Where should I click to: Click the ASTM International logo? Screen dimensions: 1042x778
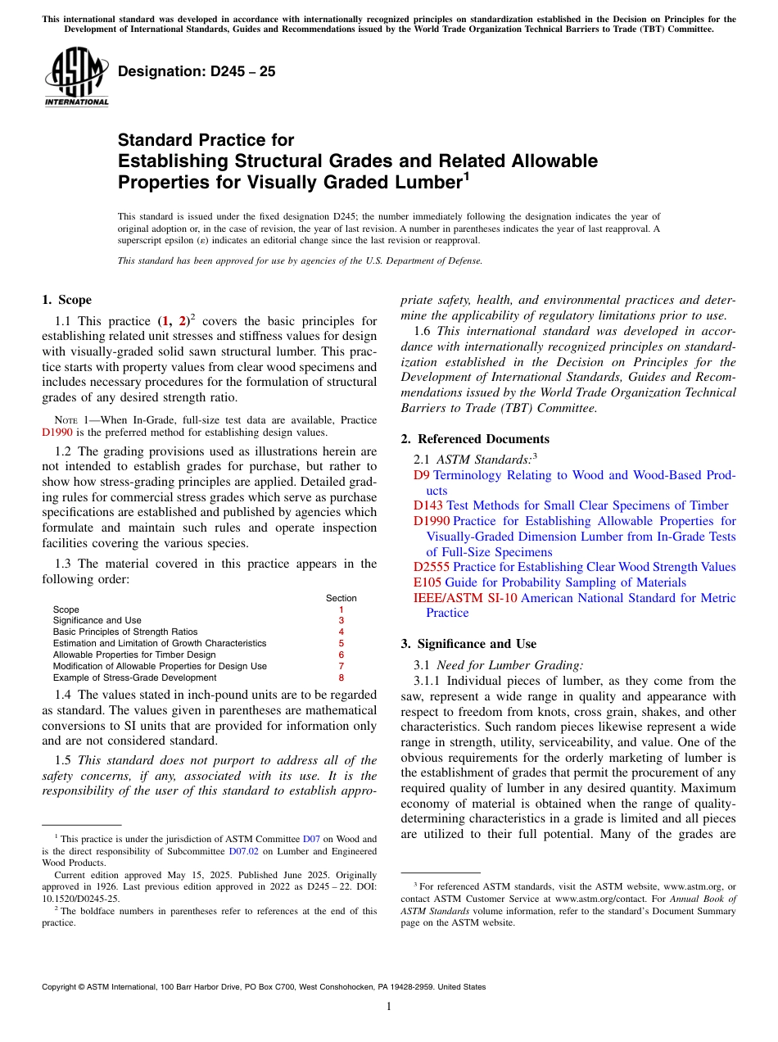coord(76,78)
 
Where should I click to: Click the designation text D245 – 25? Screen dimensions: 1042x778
coord(197,72)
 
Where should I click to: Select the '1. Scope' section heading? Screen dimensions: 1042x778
coord(66,300)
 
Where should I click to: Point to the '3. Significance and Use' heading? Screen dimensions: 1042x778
coord(468,644)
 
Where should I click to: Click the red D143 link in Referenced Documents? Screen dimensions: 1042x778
coord(428,505)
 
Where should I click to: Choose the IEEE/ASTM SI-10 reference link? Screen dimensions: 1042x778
coord(465,598)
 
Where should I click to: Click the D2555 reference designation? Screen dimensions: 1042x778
coord(432,567)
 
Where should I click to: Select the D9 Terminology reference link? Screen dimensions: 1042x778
coord(421,475)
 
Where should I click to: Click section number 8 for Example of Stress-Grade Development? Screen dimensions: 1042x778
coord(341,677)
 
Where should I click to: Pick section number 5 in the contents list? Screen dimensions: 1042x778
coord(341,643)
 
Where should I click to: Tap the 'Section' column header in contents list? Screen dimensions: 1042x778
coord(341,598)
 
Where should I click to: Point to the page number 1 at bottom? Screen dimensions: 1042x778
coord(389,1007)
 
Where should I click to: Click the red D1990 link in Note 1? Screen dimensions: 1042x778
coord(57,433)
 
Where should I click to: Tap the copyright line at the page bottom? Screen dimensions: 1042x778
coord(264,987)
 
